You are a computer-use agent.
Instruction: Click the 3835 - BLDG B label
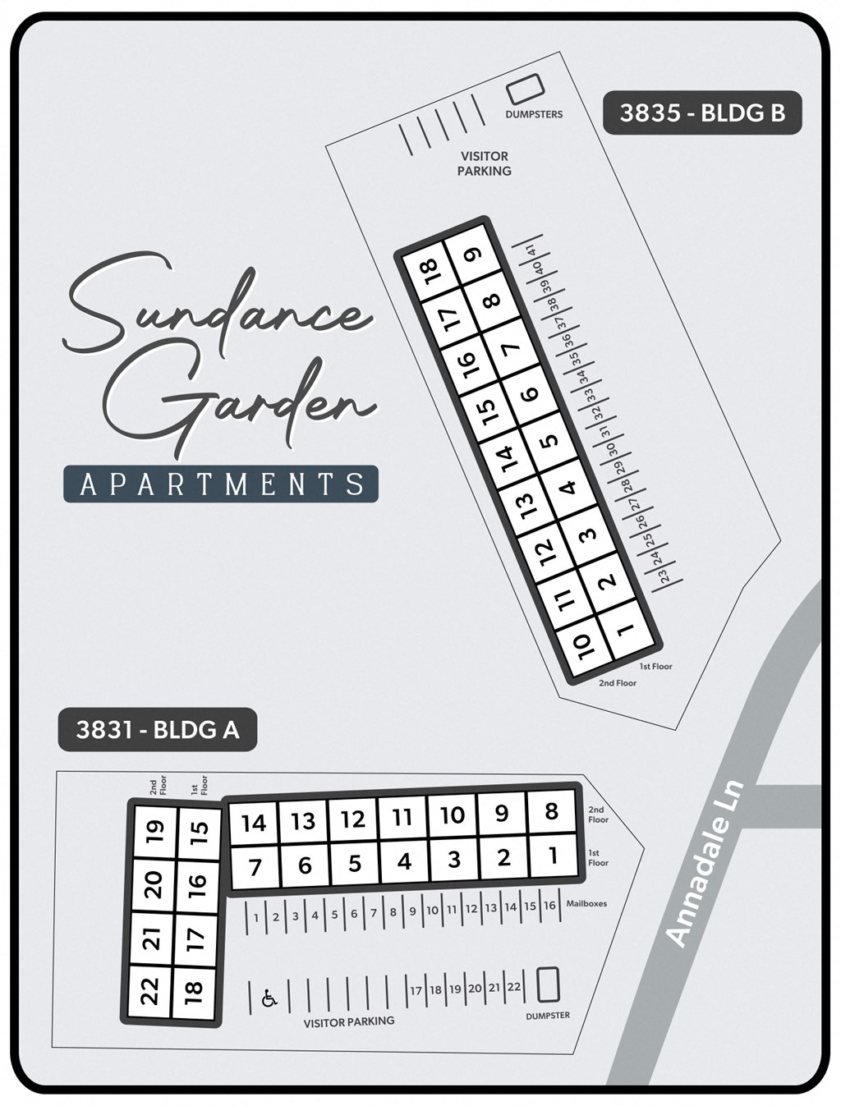(702, 112)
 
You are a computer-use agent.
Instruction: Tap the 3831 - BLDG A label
(157, 729)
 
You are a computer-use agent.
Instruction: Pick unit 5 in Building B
(549, 439)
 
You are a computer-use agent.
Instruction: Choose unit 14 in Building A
(254, 823)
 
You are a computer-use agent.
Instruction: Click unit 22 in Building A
(149, 991)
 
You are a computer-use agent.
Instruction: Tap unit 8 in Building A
(551, 812)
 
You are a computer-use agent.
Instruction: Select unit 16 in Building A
(196, 884)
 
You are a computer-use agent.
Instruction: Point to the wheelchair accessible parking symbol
(269, 998)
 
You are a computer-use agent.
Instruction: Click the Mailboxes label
(586, 904)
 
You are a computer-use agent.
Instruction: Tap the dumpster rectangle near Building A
(548, 984)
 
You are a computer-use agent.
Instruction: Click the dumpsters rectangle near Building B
(526, 89)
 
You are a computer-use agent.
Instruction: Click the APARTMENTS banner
(221, 484)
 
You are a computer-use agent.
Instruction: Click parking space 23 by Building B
(664, 576)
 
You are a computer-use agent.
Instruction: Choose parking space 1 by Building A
(256, 918)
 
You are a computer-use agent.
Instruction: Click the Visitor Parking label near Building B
(485, 163)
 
